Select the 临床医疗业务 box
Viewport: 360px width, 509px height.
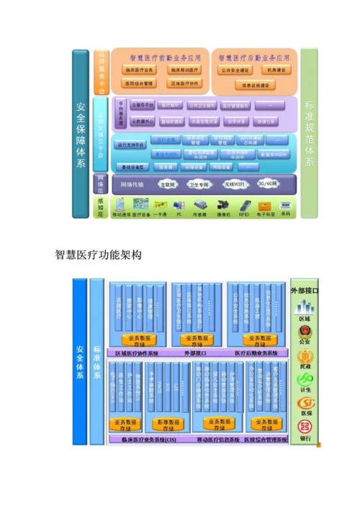[140, 70]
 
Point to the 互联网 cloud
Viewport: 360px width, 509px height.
[167, 184]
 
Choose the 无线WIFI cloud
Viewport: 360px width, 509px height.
[235, 184]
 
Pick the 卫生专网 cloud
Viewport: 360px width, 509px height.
[200, 184]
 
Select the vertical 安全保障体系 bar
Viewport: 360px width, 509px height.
[80, 133]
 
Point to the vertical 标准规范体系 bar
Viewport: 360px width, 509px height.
[310, 133]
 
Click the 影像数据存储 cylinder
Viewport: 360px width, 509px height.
[174, 423]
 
